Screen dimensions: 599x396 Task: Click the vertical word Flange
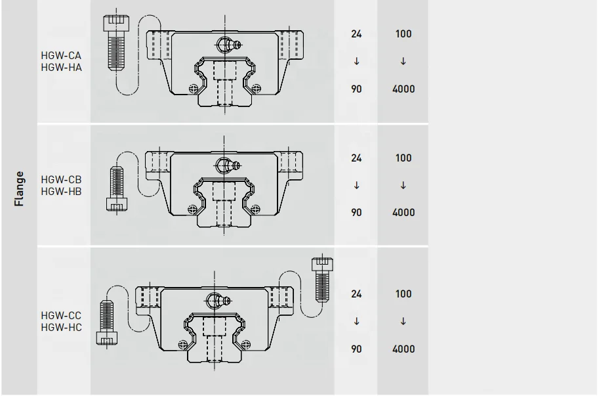coord(19,188)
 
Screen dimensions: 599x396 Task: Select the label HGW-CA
coord(61,55)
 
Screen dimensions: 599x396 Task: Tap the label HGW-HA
coord(61,67)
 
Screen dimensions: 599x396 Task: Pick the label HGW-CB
coord(61,180)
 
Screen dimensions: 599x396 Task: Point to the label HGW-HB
coord(61,192)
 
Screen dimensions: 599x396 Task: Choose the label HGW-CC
coord(61,316)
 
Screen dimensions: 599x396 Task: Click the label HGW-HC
coord(61,328)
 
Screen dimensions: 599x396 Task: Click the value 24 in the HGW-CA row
coord(356,34)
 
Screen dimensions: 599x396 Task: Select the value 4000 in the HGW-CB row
coord(403,213)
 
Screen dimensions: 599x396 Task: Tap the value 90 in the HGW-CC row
coord(356,349)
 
